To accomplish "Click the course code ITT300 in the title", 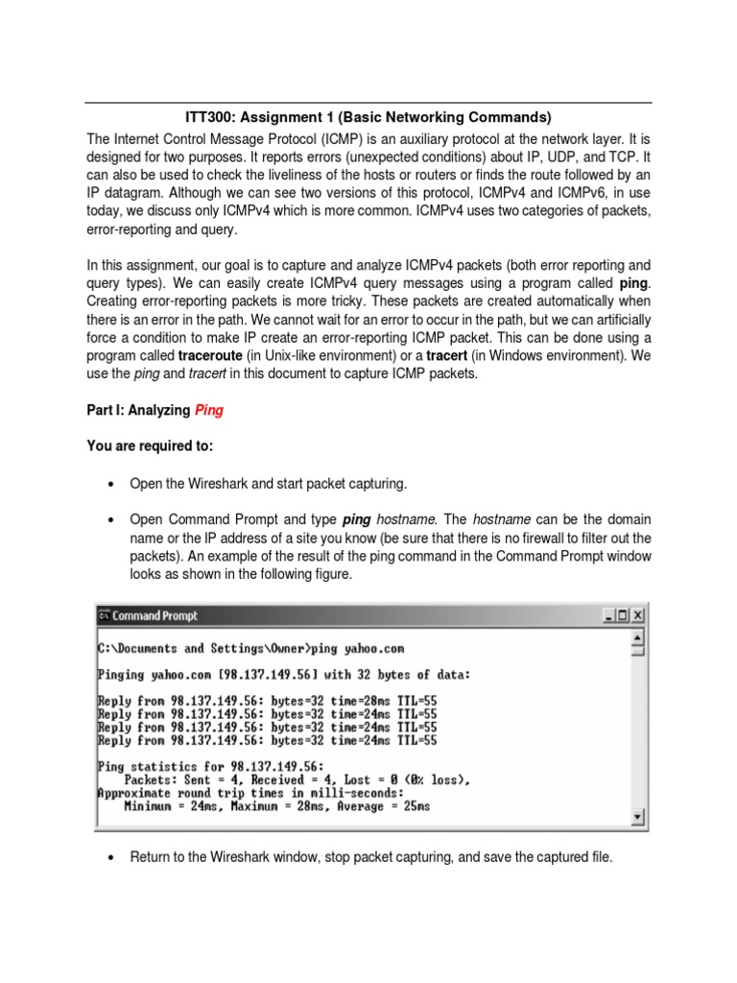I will tap(209, 118).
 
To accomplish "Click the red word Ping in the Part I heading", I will tap(209, 410).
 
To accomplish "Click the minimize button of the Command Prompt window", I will tap(608, 615).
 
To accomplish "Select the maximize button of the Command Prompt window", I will tap(624, 615).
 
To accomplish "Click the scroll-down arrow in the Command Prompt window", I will tap(639, 818).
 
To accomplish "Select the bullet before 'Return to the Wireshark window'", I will tap(113, 856).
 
